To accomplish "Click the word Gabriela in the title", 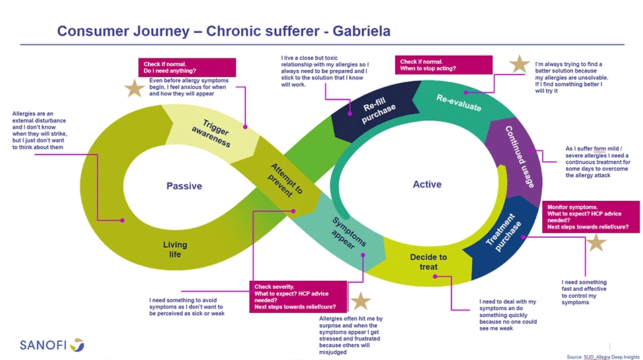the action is tap(361, 31).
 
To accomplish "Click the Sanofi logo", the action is tap(52, 345).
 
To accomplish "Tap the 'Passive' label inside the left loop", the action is tap(184, 186).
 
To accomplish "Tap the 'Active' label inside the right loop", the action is tap(427, 185).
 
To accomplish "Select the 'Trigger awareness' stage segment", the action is tap(211, 133).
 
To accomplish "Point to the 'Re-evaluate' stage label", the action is tap(458, 103).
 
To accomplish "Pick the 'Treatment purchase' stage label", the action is tap(503, 232).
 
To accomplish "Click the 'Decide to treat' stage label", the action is tap(428, 262).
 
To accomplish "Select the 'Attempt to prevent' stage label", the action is tap(285, 181).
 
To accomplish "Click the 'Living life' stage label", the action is tap(175, 249).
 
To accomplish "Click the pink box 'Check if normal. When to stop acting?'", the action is tap(443, 64).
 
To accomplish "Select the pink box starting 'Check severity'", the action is tap(298, 296).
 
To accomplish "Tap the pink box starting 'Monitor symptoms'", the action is tap(591, 216).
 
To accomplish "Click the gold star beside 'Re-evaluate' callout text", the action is tap(519, 64).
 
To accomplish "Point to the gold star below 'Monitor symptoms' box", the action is tap(596, 242).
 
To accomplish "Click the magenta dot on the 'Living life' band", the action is tap(122, 220).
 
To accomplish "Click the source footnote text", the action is tap(603, 357).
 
